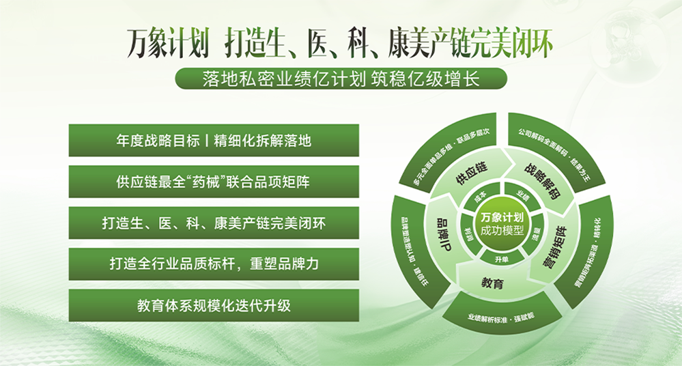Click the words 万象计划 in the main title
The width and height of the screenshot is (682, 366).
(168, 42)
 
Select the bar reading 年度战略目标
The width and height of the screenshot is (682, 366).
(214, 141)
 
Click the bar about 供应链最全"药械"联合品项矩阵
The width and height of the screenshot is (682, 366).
(214, 182)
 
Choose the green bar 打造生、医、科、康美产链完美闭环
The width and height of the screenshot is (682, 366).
(214, 223)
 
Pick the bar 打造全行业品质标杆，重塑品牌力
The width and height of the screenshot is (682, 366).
(214, 264)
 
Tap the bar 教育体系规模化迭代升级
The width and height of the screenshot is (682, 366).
(214, 305)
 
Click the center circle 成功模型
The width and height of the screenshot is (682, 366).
(501, 223)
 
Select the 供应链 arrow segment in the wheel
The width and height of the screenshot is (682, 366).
(470, 169)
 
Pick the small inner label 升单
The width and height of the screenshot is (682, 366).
(502, 259)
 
